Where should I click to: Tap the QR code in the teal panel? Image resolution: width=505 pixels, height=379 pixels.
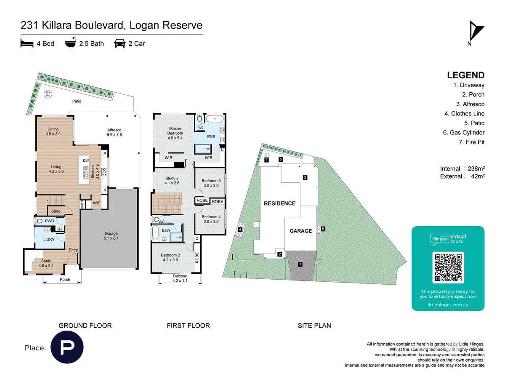[448, 267]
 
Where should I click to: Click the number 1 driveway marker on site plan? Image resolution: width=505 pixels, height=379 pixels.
[300, 264]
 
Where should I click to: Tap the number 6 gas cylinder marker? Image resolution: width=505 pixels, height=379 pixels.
[323, 229]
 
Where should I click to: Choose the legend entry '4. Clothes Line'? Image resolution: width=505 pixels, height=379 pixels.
[464, 114]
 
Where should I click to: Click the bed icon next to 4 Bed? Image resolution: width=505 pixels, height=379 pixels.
[27, 43]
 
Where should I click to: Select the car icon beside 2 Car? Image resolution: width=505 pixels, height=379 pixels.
[120, 43]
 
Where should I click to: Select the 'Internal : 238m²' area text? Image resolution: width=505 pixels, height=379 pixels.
[462, 168]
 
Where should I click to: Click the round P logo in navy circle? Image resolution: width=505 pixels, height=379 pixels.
[67, 347]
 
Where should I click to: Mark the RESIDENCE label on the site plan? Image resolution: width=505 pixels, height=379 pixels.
[279, 203]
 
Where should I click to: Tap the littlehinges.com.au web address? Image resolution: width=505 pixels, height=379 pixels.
[448, 304]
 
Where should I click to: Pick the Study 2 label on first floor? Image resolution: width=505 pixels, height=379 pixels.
[172, 180]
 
